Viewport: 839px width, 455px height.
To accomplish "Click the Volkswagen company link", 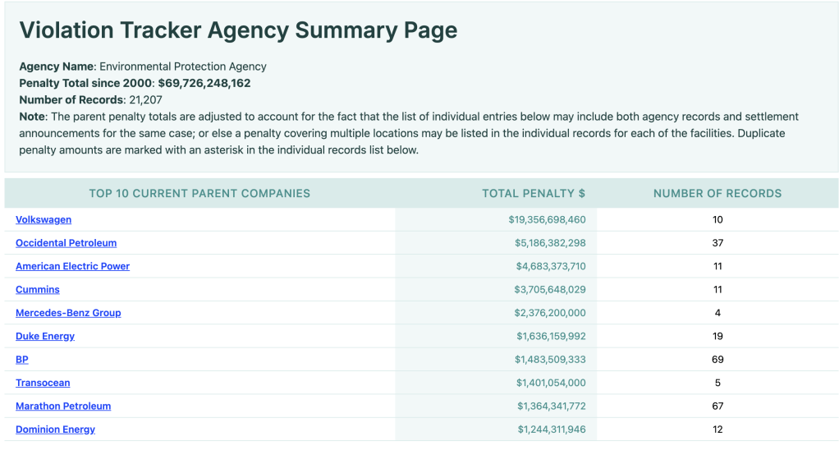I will tap(44, 220).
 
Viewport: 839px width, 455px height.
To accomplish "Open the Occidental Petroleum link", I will tap(66, 243).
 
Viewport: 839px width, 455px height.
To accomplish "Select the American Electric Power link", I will tap(72, 266).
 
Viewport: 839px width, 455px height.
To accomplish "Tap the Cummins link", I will tap(38, 290).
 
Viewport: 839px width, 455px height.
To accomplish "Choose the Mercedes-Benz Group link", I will tap(68, 313).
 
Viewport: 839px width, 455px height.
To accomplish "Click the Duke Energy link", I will tap(45, 336).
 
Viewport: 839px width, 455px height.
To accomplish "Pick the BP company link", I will tap(22, 360).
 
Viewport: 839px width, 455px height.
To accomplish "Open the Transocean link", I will tap(43, 383).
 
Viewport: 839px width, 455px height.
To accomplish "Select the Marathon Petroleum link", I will tap(63, 406).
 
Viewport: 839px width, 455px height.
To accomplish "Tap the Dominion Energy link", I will tap(55, 430).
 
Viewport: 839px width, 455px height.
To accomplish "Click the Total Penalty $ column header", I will tap(534, 194).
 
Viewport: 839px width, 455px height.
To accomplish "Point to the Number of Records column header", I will tap(718, 194).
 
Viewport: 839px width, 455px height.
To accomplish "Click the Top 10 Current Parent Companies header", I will tap(199, 194).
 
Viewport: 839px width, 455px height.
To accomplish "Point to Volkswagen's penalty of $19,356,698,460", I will tap(547, 220).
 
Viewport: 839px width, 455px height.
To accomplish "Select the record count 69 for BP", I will tap(718, 360).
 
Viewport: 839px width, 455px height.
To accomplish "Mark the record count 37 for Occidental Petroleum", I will tap(718, 243).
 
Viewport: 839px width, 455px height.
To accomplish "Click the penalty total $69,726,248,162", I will tap(204, 83).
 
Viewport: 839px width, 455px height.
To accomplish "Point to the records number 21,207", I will tap(146, 100).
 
